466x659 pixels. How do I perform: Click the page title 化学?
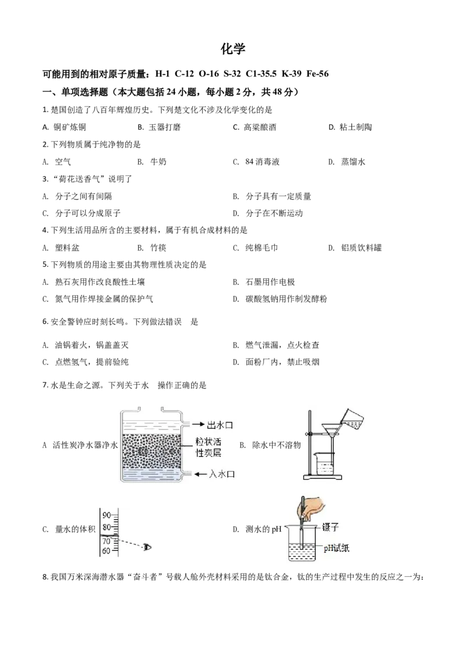pyautogui.click(x=232, y=49)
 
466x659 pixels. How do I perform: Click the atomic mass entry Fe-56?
pyautogui.click(x=317, y=74)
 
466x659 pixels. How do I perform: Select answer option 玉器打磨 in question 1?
pyautogui.click(x=164, y=127)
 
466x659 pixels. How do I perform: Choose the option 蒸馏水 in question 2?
pyautogui.click(x=353, y=162)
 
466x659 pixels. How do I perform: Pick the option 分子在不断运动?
pyautogui.click(x=274, y=214)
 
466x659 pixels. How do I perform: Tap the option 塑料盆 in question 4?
pyautogui.click(x=67, y=248)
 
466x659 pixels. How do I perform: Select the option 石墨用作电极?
pyautogui.click(x=270, y=282)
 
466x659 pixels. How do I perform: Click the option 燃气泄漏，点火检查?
pyautogui.click(x=282, y=345)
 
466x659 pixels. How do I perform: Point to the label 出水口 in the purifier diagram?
pyautogui.click(x=220, y=425)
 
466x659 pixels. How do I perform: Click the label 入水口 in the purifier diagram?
pyautogui.click(x=222, y=474)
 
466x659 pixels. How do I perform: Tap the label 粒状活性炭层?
pyautogui.click(x=208, y=447)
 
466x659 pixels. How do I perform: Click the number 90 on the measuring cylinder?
pyautogui.click(x=107, y=515)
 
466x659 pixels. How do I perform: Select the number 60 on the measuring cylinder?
pyautogui.click(x=106, y=551)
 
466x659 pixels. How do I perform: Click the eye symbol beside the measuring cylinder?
pyautogui.click(x=147, y=547)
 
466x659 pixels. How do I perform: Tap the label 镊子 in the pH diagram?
pyautogui.click(x=330, y=527)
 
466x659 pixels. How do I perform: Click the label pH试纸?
pyautogui.click(x=337, y=548)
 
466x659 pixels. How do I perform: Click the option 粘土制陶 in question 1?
pyautogui.click(x=355, y=127)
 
